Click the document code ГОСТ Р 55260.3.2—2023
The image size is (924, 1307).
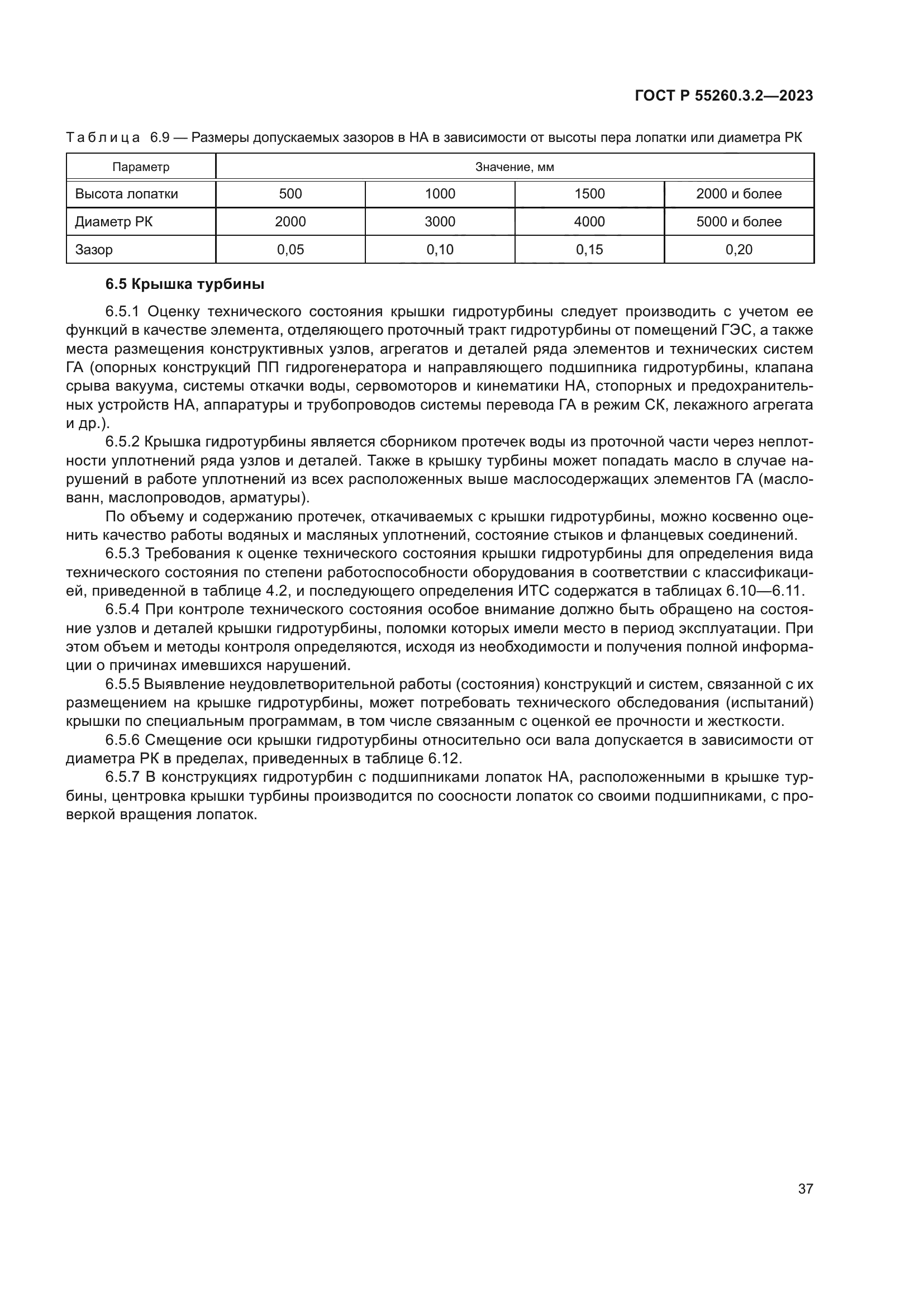click(x=723, y=96)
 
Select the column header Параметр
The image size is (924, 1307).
click(x=141, y=168)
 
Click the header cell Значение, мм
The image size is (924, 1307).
click(x=515, y=168)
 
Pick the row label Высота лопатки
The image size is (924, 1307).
click(x=126, y=194)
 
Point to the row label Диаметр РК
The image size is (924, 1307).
click(x=114, y=222)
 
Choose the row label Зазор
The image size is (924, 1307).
click(x=94, y=250)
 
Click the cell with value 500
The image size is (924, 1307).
click(x=290, y=194)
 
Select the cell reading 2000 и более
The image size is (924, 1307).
click(x=739, y=194)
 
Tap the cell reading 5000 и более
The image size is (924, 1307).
click(x=739, y=222)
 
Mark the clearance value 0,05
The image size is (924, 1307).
click(x=290, y=250)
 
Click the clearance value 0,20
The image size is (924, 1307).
click(x=739, y=250)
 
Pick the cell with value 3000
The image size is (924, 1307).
click(x=440, y=222)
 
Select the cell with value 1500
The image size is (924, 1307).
click(x=589, y=194)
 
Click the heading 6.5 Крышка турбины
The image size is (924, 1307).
click(x=185, y=284)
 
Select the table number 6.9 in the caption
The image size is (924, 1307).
click(x=159, y=138)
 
